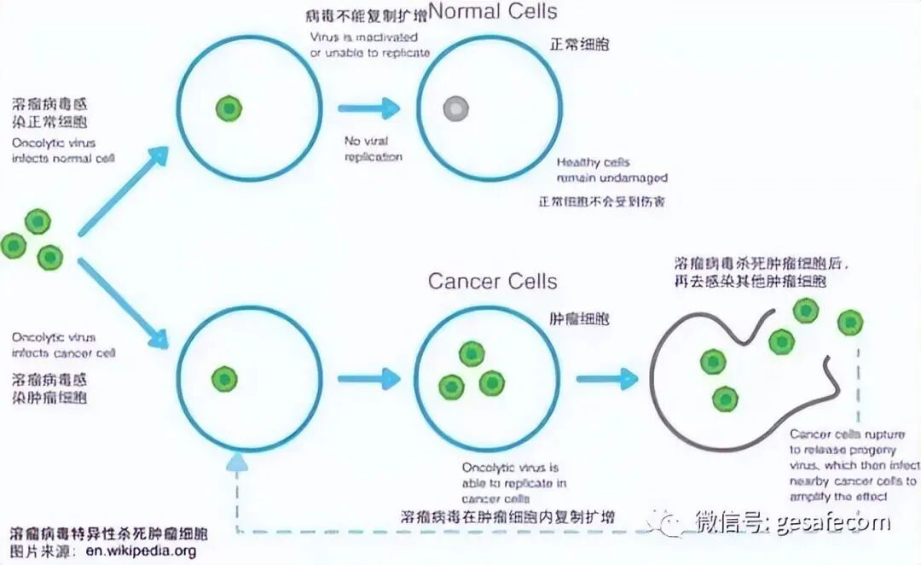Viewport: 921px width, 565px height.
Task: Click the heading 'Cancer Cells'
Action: coord(492,282)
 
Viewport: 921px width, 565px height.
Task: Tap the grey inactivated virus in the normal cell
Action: coord(455,108)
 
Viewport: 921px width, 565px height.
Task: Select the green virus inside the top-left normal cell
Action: coord(228,108)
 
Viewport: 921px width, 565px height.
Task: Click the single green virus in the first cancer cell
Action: coord(223,378)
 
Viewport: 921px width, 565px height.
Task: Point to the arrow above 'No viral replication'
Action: coord(368,108)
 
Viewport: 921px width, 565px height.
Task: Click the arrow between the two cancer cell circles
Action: coord(368,378)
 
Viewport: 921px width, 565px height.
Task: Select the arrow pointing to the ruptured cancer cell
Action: coord(607,378)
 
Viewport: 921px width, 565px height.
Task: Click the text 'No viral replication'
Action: coord(373,149)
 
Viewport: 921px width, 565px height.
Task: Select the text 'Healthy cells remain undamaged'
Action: coord(611,170)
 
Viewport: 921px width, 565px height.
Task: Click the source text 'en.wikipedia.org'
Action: coord(141,550)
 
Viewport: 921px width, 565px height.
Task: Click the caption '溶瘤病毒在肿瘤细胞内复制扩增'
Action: coord(507,517)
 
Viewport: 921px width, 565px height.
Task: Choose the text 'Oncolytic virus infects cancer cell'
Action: coord(63,345)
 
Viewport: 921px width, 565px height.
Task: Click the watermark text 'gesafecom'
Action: coord(833,521)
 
